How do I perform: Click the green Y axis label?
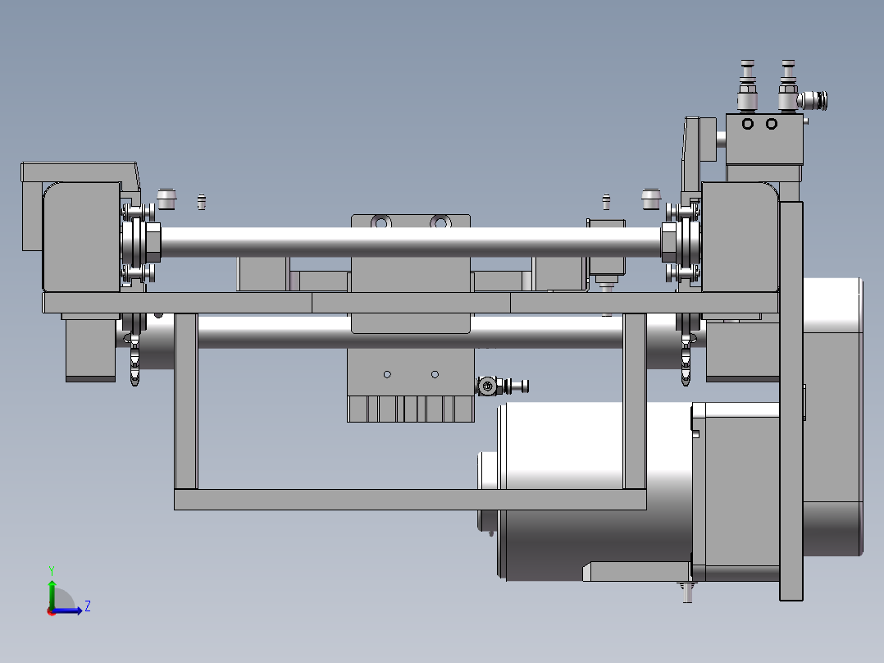[x=52, y=570]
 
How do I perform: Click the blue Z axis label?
[x=88, y=606]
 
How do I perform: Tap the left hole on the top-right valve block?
[x=748, y=124]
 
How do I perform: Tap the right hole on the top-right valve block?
[x=771, y=124]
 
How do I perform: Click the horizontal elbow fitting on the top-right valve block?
[x=812, y=100]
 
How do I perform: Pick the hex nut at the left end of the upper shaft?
[x=153, y=243]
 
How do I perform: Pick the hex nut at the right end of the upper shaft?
[x=668, y=243]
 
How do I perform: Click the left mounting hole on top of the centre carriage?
[x=381, y=223]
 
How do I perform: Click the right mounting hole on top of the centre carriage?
[x=440, y=223]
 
